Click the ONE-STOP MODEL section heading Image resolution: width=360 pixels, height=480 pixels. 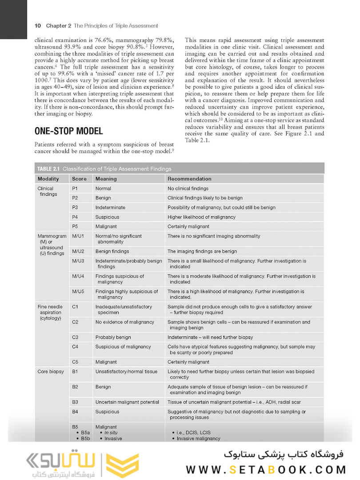[68, 131]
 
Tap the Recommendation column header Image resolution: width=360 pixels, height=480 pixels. [189, 178]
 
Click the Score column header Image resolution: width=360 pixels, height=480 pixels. [79, 178]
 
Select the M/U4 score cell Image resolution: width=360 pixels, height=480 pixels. [78, 276]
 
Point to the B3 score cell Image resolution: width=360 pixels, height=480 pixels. [75, 402]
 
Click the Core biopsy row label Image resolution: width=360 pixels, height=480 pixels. [50, 371]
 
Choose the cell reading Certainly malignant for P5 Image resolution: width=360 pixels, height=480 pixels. [188, 227]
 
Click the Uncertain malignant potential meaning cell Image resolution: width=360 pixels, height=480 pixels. [127, 402]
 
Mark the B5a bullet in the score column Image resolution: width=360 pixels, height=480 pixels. [83, 432]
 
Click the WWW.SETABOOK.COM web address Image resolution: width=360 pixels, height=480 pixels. [266, 469]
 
